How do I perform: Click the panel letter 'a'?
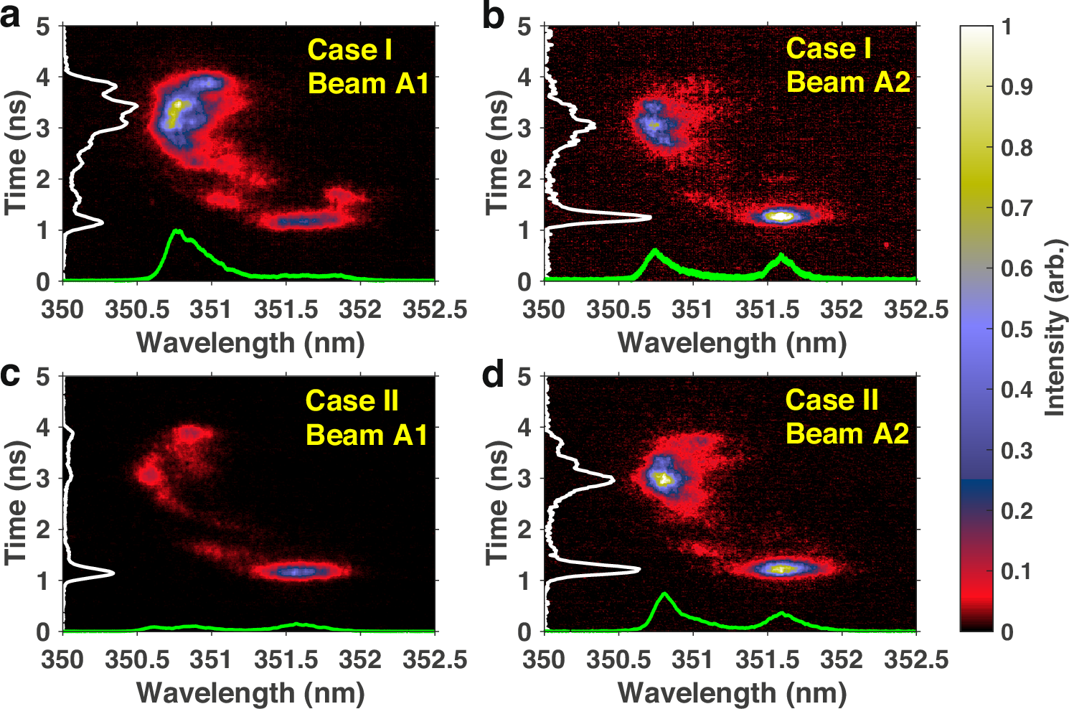[x=11, y=16]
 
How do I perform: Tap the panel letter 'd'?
[x=493, y=375]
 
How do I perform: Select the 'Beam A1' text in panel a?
[x=369, y=84]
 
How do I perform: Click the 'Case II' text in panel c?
[x=352, y=400]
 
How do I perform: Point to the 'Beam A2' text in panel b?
[x=848, y=83]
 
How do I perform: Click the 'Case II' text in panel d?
[x=832, y=400]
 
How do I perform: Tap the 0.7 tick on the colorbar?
[x=1017, y=208]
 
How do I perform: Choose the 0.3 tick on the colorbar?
[x=1017, y=451]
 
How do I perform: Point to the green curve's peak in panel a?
[x=175, y=231]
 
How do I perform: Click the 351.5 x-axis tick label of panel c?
[x=286, y=659]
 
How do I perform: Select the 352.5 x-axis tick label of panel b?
[x=916, y=309]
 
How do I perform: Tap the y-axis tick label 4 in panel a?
[x=44, y=77]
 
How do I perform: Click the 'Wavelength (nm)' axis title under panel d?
[x=732, y=692]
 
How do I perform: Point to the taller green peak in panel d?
[x=664, y=594]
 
